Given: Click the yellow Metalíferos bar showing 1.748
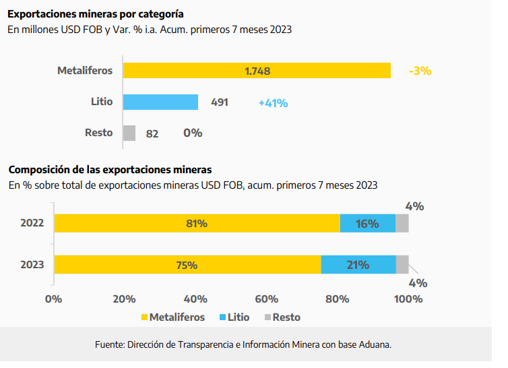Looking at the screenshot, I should click(x=257, y=71).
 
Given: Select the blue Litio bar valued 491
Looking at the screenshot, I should click(x=160, y=102).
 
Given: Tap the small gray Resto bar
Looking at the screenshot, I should click(x=129, y=133).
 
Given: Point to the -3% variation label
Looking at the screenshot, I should click(x=420, y=71).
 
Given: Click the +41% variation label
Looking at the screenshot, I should click(x=273, y=103).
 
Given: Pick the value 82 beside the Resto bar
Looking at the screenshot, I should click(x=152, y=134).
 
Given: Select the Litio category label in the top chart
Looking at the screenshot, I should click(x=102, y=102).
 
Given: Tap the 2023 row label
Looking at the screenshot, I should click(x=33, y=264).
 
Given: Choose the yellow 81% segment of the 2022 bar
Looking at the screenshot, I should click(x=197, y=224).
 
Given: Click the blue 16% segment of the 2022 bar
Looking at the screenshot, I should click(x=367, y=224).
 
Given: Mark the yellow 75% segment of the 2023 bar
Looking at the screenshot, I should click(x=187, y=264).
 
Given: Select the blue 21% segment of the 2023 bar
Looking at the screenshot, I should click(x=358, y=264).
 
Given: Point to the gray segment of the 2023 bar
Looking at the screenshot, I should click(x=402, y=264).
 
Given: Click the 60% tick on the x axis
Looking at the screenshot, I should click(x=267, y=299).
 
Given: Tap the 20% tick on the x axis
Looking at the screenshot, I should click(x=125, y=299).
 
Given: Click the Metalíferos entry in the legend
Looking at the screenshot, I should click(x=174, y=317).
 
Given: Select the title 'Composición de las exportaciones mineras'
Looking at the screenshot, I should click(x=110, y=169).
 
